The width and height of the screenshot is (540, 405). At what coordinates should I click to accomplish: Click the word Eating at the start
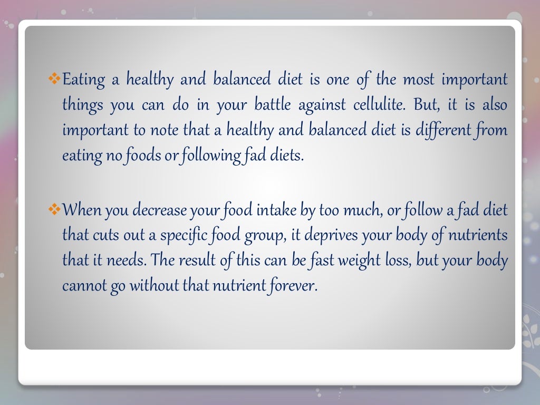[81, 80]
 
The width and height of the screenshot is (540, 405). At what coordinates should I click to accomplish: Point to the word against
[323, 105]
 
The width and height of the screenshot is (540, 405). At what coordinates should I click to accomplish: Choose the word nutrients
[479, 235]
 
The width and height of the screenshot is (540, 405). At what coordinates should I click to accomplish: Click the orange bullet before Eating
[55, 80]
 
